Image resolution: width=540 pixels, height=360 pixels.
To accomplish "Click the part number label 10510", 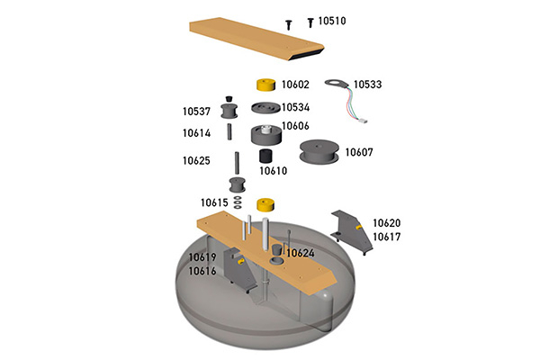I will click(x=336, y=21).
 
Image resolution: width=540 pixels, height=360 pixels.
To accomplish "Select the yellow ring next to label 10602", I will click(x=266, y=85).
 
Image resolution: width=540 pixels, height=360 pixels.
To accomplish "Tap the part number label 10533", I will click(x=368, y=84).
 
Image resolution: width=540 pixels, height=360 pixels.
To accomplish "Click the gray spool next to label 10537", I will click(x=231, y=112).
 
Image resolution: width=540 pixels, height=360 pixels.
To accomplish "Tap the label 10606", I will click(x=295, y=126).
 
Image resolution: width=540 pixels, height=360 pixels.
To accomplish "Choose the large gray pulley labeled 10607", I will click(x=319, y=154).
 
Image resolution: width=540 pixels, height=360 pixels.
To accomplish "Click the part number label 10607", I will click(x=359, y=152).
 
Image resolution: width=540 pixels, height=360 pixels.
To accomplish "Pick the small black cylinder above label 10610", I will click(x=267, y=155).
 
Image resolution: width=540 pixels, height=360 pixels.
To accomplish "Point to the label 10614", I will click(x=196, y=133).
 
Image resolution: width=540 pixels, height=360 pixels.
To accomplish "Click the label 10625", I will click(x=196, y=161).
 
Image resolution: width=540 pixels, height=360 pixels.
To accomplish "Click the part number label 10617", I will click(x=387, y=237).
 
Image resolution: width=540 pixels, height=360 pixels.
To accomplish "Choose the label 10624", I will click(x=301, y=253).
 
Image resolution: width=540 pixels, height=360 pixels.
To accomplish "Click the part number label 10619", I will click(x=202, y=256).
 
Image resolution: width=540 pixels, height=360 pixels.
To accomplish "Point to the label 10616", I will click(x=202, y=270).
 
